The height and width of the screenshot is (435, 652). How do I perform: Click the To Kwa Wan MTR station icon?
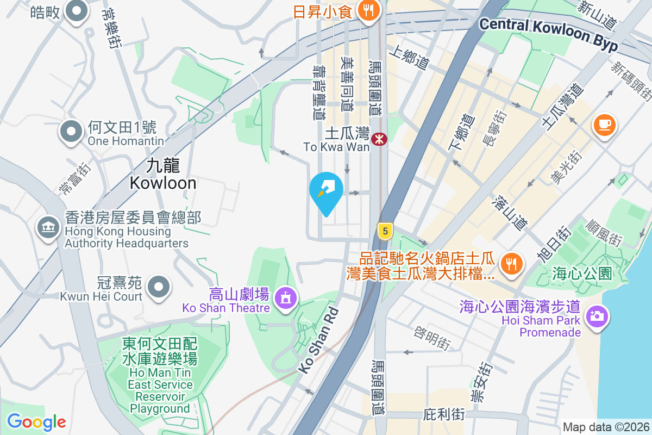click(x=379, y=139)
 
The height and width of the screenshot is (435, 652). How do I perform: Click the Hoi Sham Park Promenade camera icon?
click(x=597, y=315)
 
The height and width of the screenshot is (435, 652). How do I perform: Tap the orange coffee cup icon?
click(x=604, y=125)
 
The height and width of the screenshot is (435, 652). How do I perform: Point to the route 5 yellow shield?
click(x=385, y=231)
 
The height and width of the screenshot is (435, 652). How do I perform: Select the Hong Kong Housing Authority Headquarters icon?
click(x=48, y=227)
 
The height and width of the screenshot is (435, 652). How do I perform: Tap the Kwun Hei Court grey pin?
click(x=159, y=285)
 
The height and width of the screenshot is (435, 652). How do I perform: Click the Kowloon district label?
click(x=163, y=175)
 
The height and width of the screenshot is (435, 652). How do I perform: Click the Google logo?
click(x=36, y=421)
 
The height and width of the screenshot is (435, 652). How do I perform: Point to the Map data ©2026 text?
click(x=606, y=427)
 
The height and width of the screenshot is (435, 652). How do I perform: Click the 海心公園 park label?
click(x=582, y=272)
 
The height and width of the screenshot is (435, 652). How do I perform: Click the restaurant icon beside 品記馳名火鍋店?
click(x=511, y=264)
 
